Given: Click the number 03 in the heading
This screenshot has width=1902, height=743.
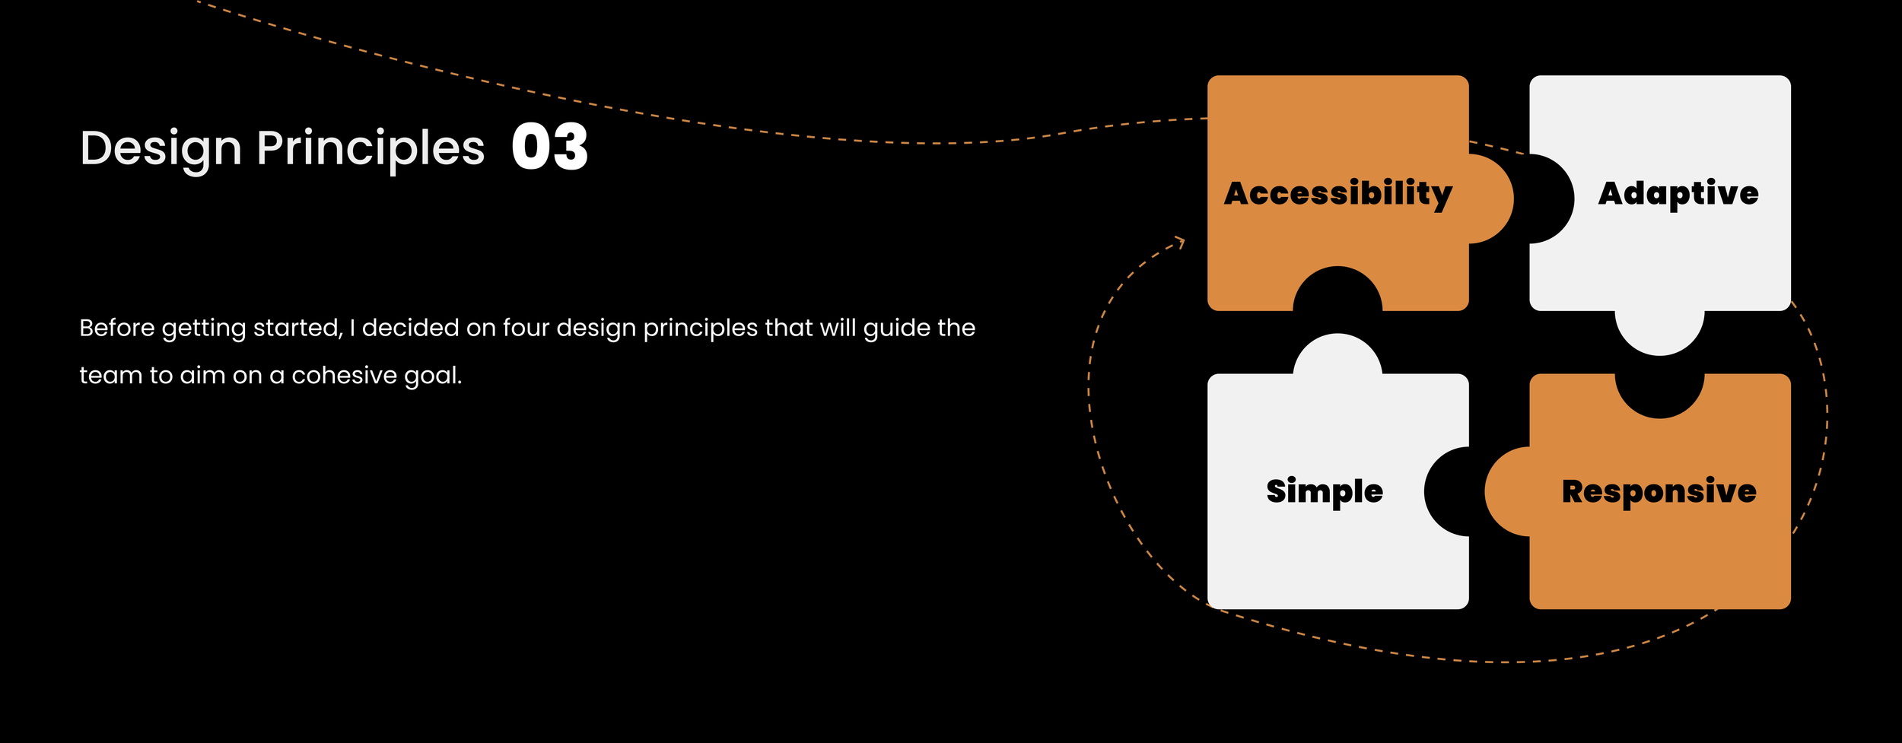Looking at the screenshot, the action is tap(549, 147).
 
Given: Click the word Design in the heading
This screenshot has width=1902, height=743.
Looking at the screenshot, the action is tap(161, 148).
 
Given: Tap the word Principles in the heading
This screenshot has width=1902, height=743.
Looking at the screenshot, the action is tap(371, 148).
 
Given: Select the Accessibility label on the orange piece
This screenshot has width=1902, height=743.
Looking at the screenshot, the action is tap(1338, 193).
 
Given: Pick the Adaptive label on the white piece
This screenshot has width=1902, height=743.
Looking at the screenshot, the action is tap(1678, 193).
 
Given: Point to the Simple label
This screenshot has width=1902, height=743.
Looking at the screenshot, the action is tap(1325, 491).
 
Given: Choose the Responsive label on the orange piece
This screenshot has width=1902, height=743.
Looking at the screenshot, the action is tap(1659, 491).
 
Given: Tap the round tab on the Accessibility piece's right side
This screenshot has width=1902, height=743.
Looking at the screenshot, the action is tap(1491, 198).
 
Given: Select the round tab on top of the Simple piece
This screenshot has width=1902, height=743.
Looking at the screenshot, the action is tap(1337, 354).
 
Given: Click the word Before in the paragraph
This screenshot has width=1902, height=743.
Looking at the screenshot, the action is tap(117, 328).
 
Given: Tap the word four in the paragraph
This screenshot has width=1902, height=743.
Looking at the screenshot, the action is tap(526, 328).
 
